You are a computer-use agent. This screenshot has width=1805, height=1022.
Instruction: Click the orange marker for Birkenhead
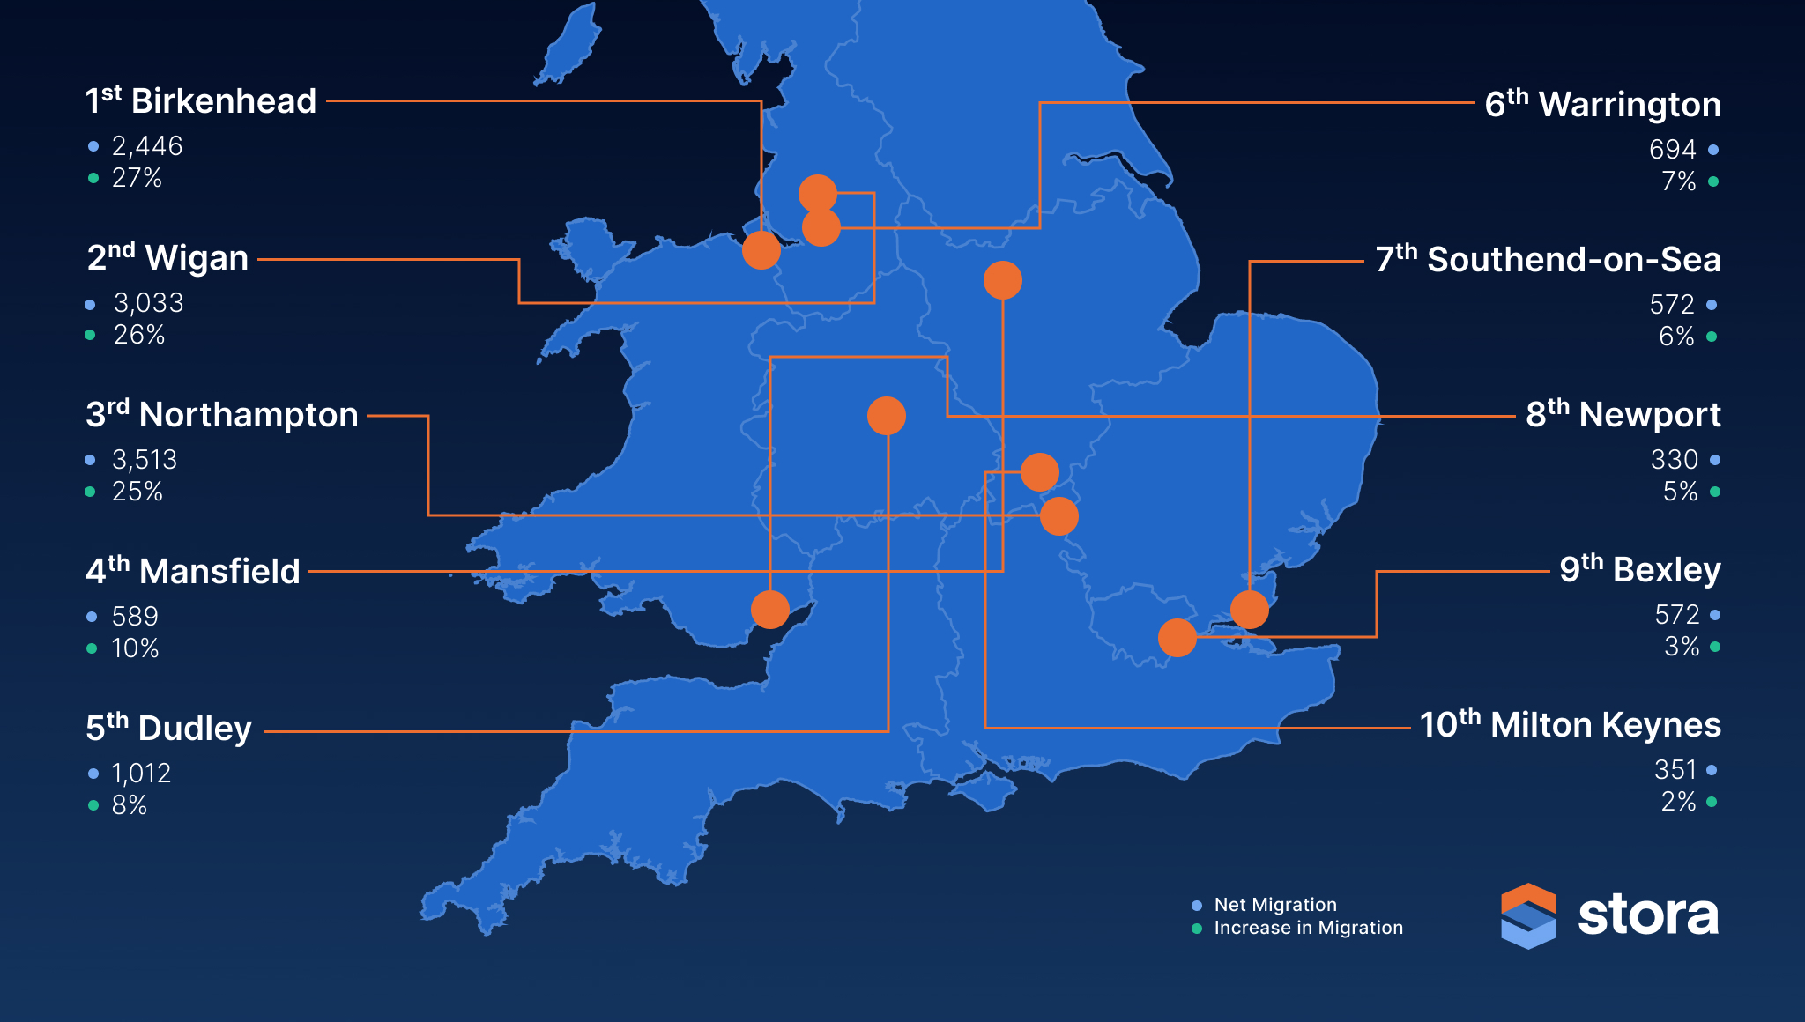pos(761,250)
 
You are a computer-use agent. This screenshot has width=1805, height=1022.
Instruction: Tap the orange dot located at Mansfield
pos(1002,280)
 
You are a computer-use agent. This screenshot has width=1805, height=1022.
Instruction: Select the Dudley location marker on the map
pos(886,416)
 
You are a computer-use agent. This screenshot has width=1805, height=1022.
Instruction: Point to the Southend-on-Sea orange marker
pos(1249,609)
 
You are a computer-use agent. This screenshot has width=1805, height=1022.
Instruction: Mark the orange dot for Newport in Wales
pos(769,609)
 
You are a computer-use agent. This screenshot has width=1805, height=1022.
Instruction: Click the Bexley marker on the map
pos(1177,637)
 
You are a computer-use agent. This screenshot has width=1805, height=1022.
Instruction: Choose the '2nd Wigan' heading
pos(167,258)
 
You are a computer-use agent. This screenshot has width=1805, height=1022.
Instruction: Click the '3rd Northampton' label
pos(221,415)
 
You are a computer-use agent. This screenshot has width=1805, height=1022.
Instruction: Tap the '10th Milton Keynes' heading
pos(1570,725)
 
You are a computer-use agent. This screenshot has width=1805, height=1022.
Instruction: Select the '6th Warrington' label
pos(1602,105)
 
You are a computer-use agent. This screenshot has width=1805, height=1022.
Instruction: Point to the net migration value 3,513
pos(145,460)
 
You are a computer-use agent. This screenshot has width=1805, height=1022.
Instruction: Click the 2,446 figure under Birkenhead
pos(147,146)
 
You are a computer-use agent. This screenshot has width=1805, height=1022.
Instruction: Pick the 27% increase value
pos(137,178)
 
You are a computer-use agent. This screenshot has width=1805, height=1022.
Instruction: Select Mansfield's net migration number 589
pos(135,617)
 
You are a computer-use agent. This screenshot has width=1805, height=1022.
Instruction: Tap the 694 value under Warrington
pos(1672,150)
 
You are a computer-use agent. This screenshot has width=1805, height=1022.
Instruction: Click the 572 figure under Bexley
pos(1676,615)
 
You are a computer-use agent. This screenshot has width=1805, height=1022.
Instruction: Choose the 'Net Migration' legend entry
pos(1274,905)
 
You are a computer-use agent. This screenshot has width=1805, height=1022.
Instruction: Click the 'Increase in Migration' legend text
pos(1308,928)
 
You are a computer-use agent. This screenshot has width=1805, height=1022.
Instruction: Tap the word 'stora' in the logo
pos(1647,915)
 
